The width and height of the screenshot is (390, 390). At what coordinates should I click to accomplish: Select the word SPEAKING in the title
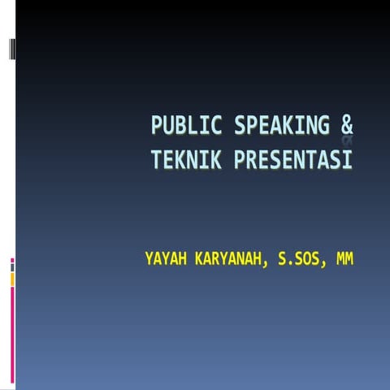[281, 127]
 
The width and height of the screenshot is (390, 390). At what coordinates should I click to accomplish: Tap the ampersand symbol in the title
[347, 127]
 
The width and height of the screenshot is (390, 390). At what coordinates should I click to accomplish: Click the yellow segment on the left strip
[12, 279]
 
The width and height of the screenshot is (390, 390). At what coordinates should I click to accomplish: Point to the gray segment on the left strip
[12, 267]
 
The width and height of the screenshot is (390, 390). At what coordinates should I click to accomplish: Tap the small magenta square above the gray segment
[12, 261]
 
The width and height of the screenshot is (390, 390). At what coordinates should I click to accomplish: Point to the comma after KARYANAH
[267, 266]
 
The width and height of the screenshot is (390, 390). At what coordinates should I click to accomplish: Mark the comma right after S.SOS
[326, 266]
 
